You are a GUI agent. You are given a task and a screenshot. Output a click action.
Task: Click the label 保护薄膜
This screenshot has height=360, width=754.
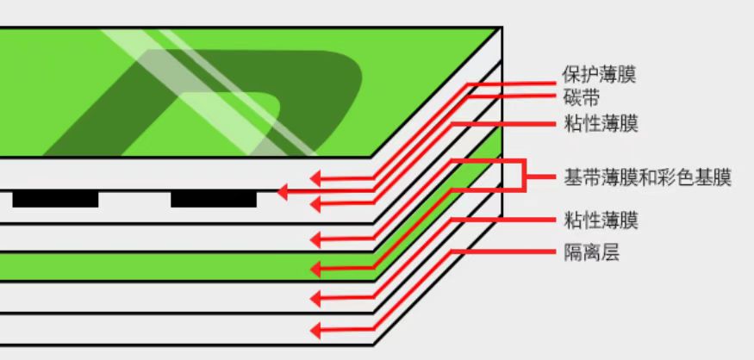point(599,75)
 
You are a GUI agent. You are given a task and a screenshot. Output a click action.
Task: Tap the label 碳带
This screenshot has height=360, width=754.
point(581,98)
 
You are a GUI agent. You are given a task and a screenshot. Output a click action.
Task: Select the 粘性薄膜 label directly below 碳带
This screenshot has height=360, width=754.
point(601,124)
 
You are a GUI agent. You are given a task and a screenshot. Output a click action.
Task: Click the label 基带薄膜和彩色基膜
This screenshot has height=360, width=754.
point(647,177)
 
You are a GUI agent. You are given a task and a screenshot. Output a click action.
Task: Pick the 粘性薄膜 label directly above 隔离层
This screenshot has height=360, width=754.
point(601,220)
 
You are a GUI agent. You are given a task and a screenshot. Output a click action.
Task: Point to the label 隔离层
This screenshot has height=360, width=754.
point(591,253)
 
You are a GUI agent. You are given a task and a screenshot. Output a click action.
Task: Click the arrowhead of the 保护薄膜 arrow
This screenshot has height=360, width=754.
point(315,179)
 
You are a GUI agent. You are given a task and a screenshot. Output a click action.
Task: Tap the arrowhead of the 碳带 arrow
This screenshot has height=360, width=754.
point(283,192)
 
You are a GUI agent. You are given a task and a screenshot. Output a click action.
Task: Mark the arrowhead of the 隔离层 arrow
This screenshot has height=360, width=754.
point(315,331)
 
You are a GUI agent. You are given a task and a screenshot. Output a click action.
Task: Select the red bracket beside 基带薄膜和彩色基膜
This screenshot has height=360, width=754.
point(524,176)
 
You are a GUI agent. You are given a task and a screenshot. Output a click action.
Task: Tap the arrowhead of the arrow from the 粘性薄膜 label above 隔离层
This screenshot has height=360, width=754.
point(315,300)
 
